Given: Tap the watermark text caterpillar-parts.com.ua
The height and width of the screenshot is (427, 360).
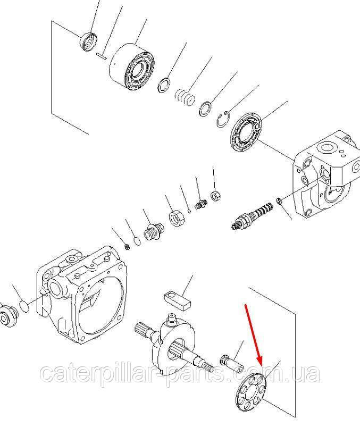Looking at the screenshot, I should (x=181, y=374).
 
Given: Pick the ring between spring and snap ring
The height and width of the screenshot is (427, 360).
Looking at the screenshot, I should (x=206, y=109).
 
